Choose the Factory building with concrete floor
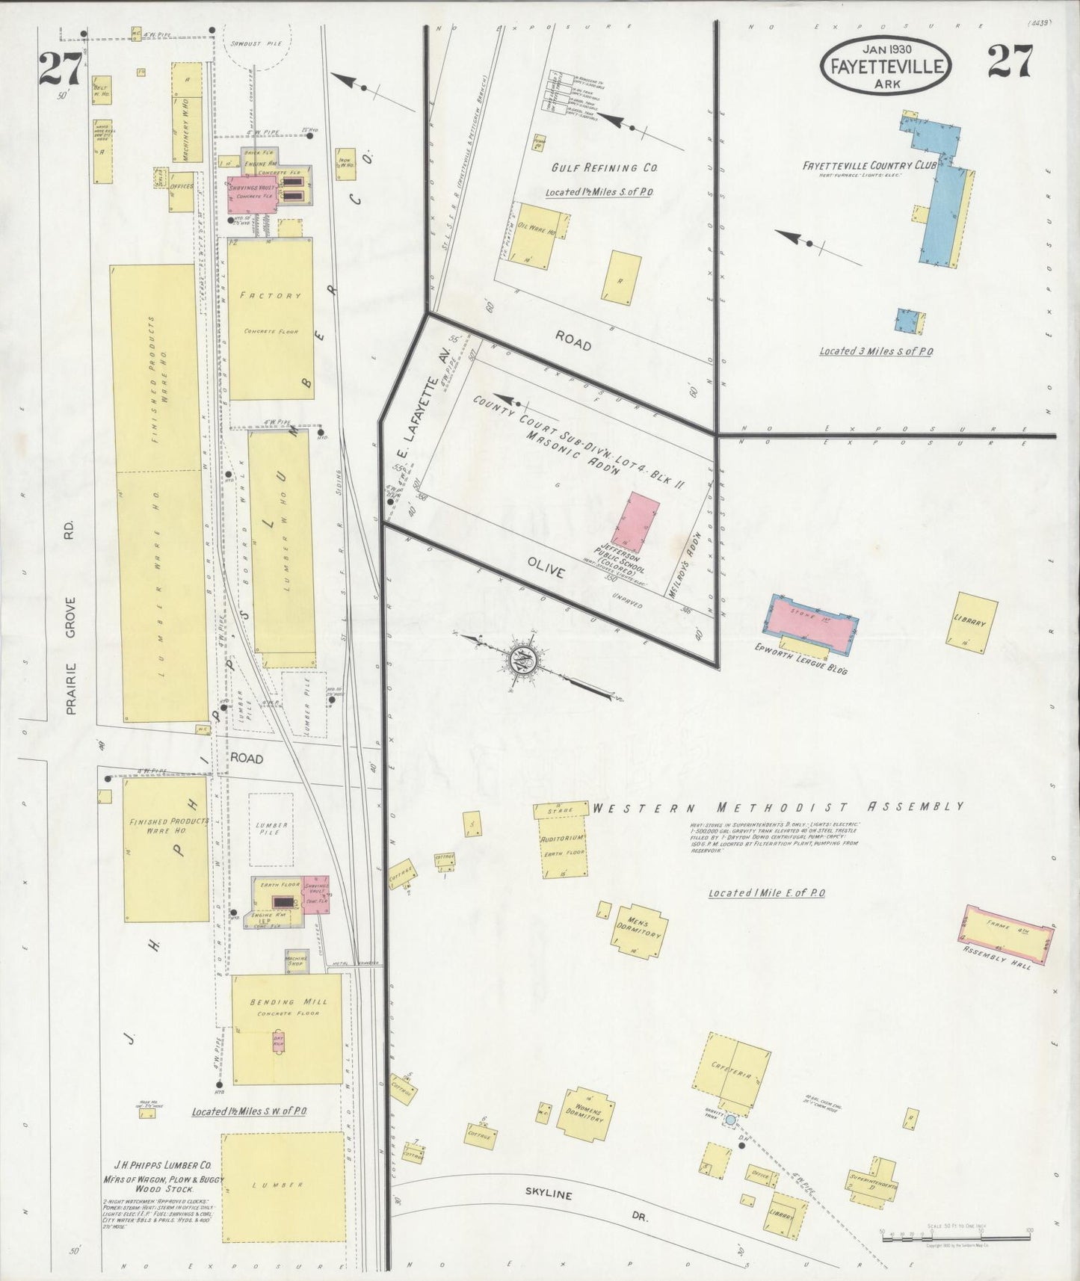coord(270,320)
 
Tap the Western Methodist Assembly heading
coord(777,807)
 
